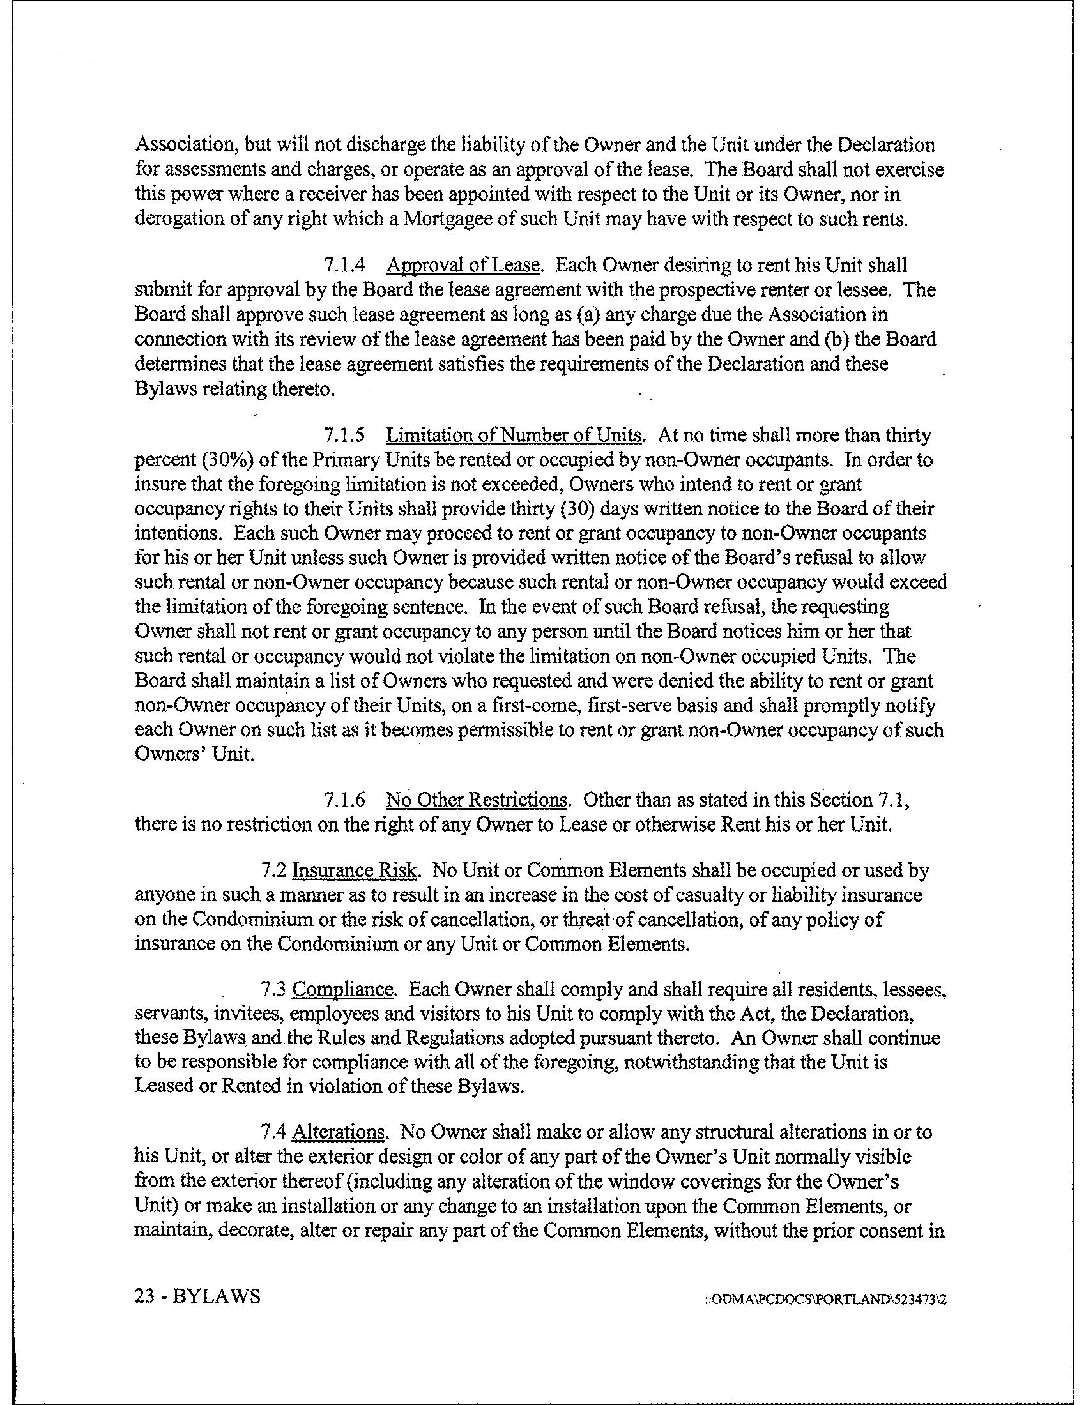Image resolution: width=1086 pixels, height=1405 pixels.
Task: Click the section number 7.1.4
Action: [344, 266]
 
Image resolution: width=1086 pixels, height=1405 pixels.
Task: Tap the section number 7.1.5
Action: [344, 436]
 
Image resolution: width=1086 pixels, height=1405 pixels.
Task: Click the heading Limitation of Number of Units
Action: [514, 436]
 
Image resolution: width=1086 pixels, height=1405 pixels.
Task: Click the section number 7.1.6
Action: [344, 800]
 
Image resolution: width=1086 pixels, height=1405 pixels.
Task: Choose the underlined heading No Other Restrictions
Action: [477, 800]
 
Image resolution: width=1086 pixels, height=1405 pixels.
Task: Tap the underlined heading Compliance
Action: [342, 989]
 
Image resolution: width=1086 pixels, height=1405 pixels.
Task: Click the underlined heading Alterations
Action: [339, 1132]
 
